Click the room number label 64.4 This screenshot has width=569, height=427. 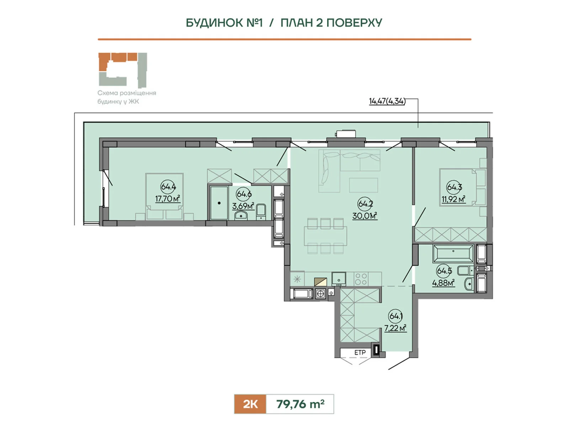tap(168, 186)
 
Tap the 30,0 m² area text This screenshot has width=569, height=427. tap(365, 215)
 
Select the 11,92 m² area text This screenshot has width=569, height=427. tap(453, 199)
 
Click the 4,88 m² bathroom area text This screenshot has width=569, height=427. tap(443, 283)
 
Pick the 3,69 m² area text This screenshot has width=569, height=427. tap(243, 206)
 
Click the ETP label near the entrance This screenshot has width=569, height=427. tap(360, 353)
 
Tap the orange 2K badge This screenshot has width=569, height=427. tap(250, 404)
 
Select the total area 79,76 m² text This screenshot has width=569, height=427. tap(300, 404)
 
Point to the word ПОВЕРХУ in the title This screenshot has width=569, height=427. tap(354, 23)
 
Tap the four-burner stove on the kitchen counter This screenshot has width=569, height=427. tap(361, 279)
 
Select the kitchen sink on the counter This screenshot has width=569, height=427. tap(339, 279)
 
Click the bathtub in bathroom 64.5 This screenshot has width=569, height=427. tap(453, 253)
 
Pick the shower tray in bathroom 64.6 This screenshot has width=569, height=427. tap(219, 203)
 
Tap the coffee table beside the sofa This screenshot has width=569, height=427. tap(363, 185)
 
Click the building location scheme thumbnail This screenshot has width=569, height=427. tap(123, 70)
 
